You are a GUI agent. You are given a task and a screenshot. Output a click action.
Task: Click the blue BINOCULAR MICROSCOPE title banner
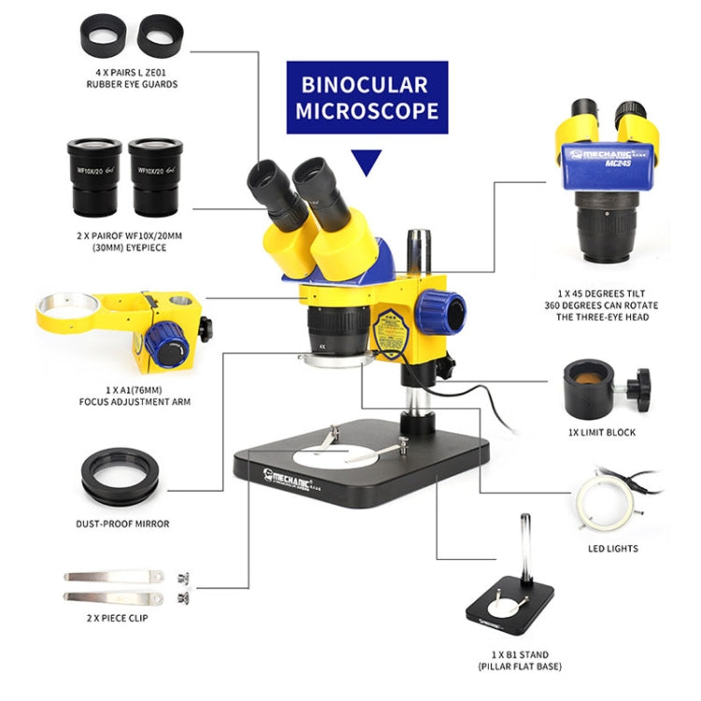coord(367,98)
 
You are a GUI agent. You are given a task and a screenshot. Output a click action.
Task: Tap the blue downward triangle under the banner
coord(367,163)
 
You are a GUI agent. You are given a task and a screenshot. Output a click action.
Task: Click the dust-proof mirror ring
coord(120,477)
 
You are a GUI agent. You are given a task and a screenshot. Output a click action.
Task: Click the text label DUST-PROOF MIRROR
coord(122,523)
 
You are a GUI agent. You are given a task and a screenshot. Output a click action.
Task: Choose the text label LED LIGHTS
coord(611,549)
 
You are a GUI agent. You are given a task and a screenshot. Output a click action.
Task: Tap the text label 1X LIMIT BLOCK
coord(603,432)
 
